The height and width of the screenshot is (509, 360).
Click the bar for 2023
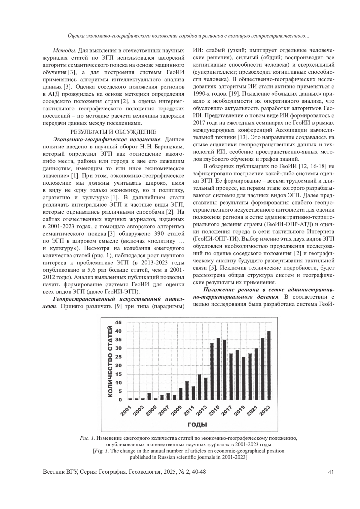pos(269,365)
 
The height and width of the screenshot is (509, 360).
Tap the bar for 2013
pos(205,388)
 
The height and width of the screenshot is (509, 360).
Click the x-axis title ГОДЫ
pos(198,424)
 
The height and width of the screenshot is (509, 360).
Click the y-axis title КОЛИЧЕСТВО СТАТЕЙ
pos(110,362)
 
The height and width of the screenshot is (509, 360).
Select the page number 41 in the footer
pos(331,472)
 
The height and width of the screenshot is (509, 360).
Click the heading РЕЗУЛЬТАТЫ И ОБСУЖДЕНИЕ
pos(113,132)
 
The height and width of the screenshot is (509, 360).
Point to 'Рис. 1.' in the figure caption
pos(88,438)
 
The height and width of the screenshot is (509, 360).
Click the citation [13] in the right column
pos(242,137)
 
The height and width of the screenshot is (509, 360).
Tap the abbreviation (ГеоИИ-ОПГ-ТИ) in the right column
pos(217,239)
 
